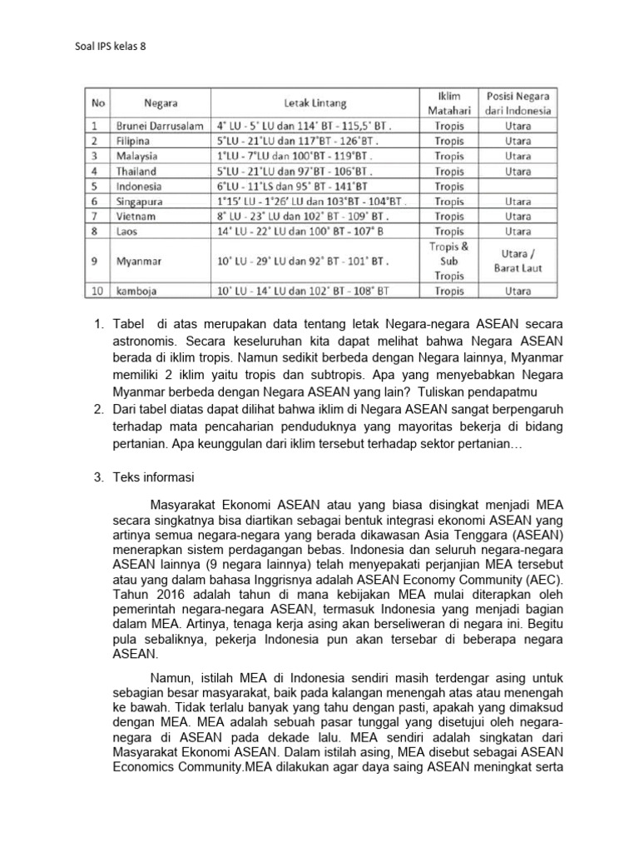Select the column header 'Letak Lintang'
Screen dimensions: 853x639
pos(315,103)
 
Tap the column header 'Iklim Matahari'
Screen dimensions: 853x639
pos(448,103)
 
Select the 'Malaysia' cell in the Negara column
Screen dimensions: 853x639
pos(137,156)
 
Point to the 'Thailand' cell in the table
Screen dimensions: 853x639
pos(137,171)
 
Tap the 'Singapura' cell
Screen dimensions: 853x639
pos(140,201)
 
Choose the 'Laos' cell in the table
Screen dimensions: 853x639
pos(129,231)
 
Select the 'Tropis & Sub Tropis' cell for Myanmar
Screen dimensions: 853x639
pos(448,261)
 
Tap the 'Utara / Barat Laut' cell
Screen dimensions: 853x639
pos(518,261)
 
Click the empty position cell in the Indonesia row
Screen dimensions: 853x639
pos(518,186)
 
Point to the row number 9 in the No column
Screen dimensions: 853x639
pos(96,261)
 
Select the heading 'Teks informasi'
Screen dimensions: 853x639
pos(156,477)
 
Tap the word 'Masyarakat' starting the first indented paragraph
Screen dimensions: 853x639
pos(183,503)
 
